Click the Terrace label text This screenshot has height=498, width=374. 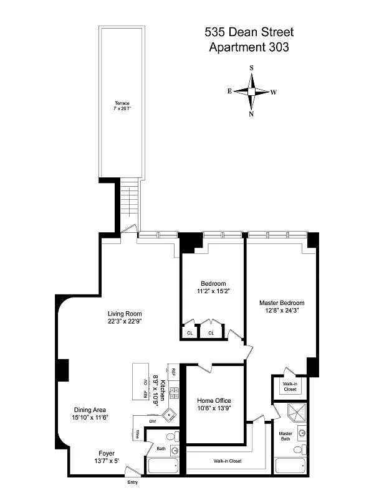click(122, 103)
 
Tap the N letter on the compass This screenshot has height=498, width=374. click(251, 114)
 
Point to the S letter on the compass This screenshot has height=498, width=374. click(251, 68)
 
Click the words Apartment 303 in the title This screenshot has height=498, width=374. click(247, 47)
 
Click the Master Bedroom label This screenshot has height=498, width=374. click(282, 303)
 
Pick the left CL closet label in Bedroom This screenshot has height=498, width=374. click(190, 333)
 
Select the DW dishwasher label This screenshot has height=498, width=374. click(152, 421)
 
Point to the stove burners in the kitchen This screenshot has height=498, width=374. click(175, 392)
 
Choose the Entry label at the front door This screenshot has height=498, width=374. click(132, 482)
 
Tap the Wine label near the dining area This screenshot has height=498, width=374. click(137, 434)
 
